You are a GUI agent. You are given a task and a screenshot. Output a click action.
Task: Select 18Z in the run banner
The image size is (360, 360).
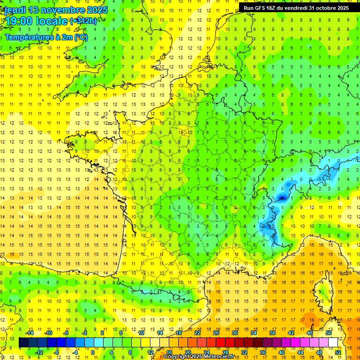[276, 8]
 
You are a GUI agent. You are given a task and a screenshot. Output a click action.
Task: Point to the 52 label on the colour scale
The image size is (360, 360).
[337, 352]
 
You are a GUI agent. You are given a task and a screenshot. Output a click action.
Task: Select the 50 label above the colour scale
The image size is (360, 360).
[328, 333]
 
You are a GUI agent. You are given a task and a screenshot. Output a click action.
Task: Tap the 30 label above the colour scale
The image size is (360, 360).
[235, 333]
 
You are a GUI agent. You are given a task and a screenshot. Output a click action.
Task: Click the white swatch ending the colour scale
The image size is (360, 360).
[333, 343]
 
